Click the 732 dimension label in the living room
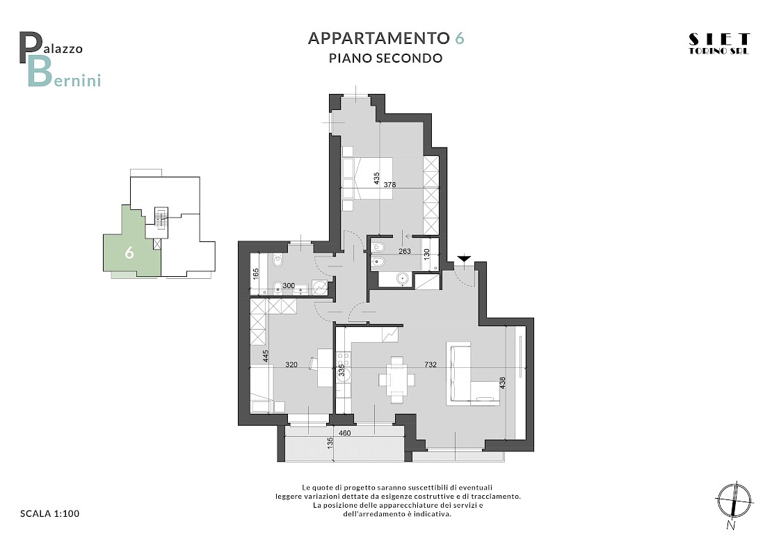click(431, 365)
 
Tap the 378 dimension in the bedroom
click(390, 185)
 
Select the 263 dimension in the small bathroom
click(404, 251)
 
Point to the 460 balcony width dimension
click(345, 433)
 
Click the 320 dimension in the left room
click(291, 365)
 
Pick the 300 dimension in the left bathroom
click(289, 286)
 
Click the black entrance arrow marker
click(464, 259)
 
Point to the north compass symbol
click(734, 503)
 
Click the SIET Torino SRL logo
click(719, 44)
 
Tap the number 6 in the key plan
click(129, 252)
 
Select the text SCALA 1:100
click(49, 513)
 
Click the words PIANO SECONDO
click(385, 58)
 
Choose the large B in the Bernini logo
click(40, 72)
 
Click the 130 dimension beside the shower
click(427, 254)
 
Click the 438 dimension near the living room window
click(502, 383)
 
